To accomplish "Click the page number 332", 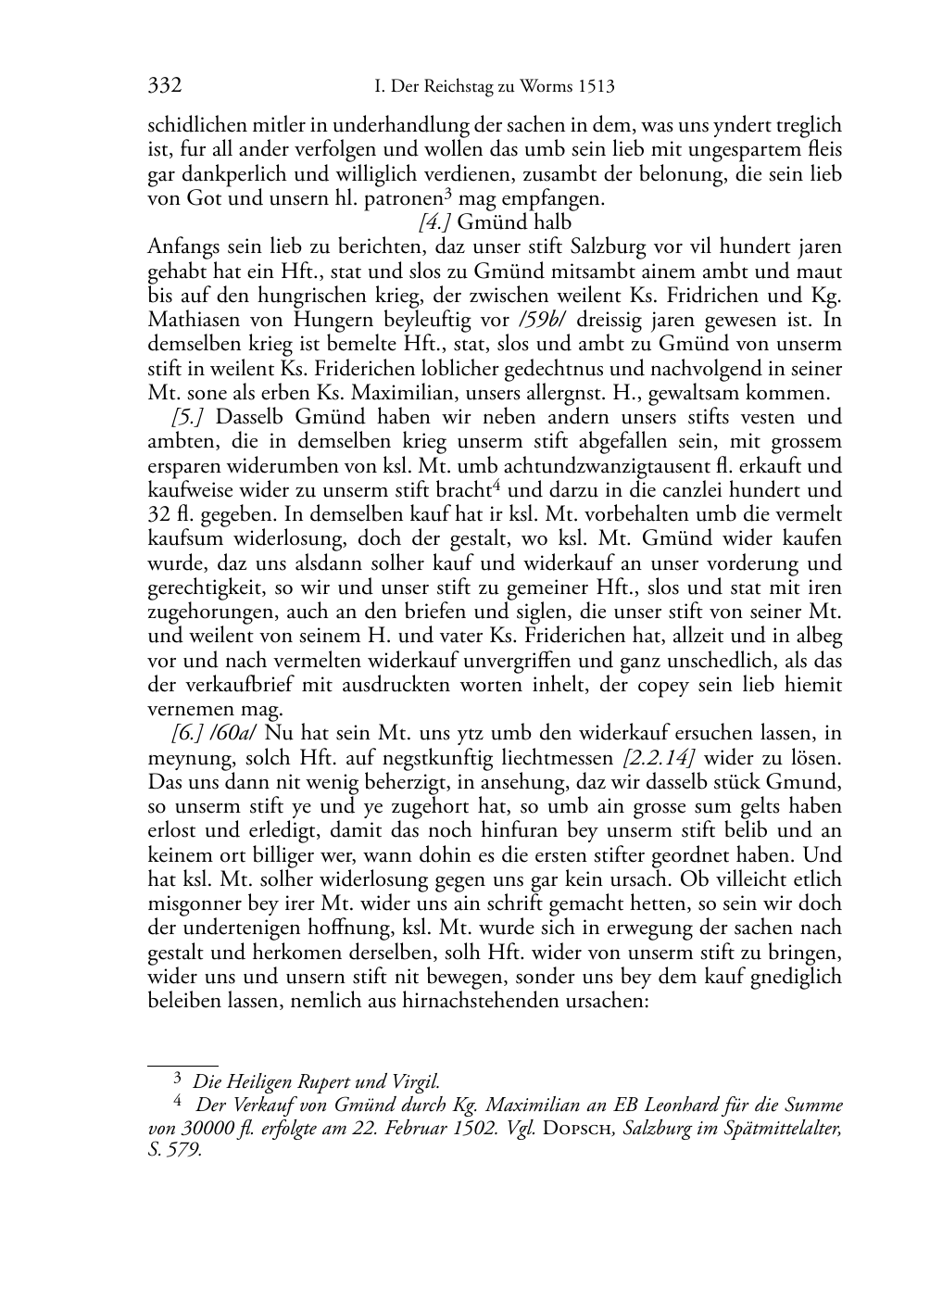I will [x=164, y=86].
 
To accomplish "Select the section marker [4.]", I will [x=434, y=222].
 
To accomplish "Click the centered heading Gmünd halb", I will [x=514, y=222].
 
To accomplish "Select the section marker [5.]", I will [x=190, y=417].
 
